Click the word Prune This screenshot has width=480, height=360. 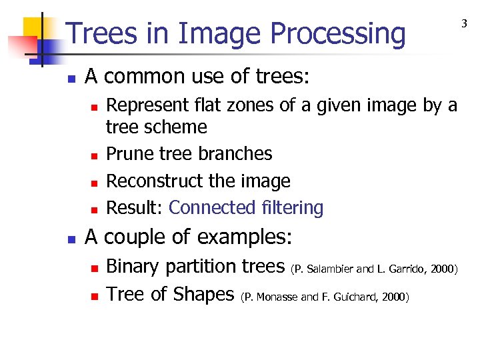(x=127, y=154)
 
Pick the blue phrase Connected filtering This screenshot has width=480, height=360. (x=246, y=208)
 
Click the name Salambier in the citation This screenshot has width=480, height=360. (x=330, y=269)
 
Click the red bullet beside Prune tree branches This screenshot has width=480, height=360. (x=94, y=155)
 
